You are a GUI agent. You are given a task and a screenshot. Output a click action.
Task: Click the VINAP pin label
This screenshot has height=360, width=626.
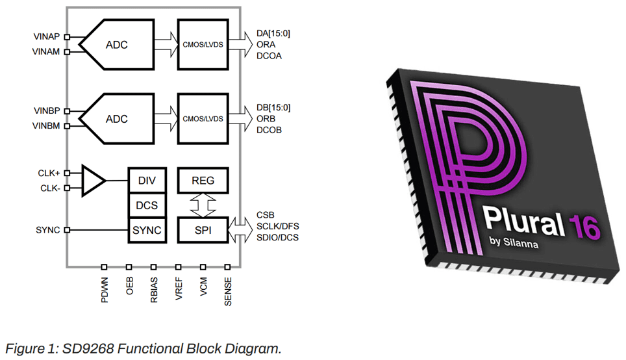(x=46, y=36)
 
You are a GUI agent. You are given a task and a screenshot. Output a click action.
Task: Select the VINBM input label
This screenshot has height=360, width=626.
(x=46, y=126)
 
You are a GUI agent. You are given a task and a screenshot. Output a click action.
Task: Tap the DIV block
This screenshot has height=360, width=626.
(x=147, y=181)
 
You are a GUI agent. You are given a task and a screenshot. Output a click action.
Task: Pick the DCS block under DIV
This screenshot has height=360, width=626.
(x=147, y=205)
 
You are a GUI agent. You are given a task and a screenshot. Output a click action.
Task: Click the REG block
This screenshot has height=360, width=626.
(x=203, y=181)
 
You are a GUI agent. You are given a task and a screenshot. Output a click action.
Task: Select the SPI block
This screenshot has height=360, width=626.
(x=203, y=230)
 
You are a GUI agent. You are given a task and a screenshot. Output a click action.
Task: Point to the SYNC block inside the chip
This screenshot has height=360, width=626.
(x=147, y=230)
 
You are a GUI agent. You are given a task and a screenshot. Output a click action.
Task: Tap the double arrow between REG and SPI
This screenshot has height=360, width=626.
(x=203, y=205)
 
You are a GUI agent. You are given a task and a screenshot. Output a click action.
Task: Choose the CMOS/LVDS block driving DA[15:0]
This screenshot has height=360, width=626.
(x=203, y=44)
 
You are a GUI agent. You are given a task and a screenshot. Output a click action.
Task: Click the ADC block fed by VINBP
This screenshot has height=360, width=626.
(x=116, y=119)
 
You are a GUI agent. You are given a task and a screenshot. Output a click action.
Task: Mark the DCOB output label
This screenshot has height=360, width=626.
(x=269, y=130)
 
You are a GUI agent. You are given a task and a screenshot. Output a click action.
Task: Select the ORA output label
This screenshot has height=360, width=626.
(x=266, y=45)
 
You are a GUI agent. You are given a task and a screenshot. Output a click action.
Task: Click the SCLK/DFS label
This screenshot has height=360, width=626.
(x=277, y=227)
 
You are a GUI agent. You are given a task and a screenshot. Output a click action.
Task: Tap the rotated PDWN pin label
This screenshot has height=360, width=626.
(x=104, y=290)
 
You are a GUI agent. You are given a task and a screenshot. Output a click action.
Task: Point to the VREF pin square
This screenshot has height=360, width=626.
(x=178, y=267)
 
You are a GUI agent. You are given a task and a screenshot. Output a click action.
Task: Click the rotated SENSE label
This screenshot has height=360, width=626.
(x=227, y=292)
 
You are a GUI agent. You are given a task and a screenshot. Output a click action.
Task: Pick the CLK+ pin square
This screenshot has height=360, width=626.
(x=67, y=173)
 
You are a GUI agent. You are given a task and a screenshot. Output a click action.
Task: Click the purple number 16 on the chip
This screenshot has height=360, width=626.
(x=584, y=227)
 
